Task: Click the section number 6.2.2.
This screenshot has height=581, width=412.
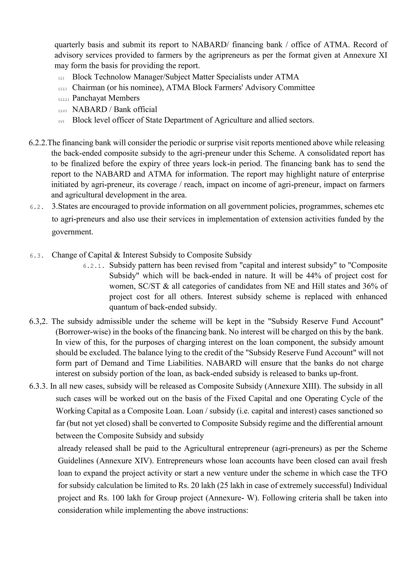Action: [38, 143]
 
